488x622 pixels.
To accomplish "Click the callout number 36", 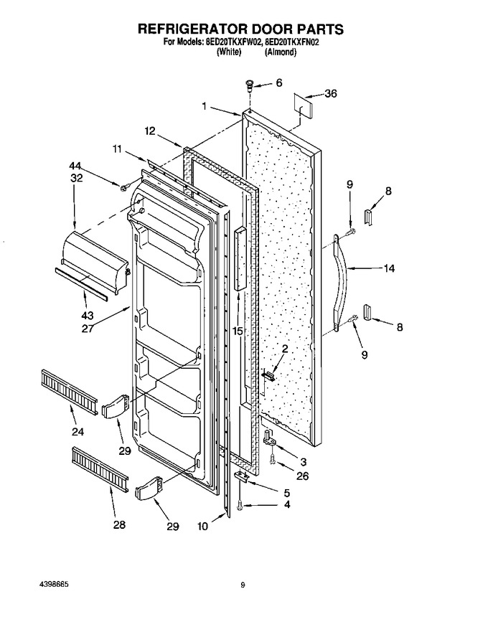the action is click(331, 93).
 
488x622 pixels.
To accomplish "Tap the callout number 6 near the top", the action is click(278, 83).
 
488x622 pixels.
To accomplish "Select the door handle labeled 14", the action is click(340, 283).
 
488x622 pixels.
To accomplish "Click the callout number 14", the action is click(389, 268).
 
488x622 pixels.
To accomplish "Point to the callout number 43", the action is click(87, 316).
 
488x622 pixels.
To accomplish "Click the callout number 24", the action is click(78, 431).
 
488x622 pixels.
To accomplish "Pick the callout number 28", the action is click(119, 525).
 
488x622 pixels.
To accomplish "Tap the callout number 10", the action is click(202, 527).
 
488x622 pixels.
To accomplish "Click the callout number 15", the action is click(238, 331).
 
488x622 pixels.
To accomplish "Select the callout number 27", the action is click(88, 329).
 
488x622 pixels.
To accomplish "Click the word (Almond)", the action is click(280, 52).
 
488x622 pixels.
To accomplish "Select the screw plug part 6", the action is click(250, 85).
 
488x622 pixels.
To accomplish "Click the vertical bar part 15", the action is click(240, 259).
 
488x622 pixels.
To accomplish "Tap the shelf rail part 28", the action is click(100, 469).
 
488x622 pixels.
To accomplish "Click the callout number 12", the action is click(149, 131).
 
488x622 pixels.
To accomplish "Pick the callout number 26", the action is click(302, 476).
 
